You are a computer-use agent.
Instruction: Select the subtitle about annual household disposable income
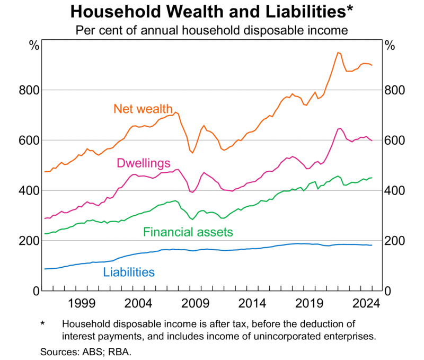(x=211, y=30)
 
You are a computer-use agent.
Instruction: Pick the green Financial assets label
(x=188, y=232)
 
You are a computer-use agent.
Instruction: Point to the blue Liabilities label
(x=129, y=273)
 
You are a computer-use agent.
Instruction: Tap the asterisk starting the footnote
(x=43, y=323)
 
